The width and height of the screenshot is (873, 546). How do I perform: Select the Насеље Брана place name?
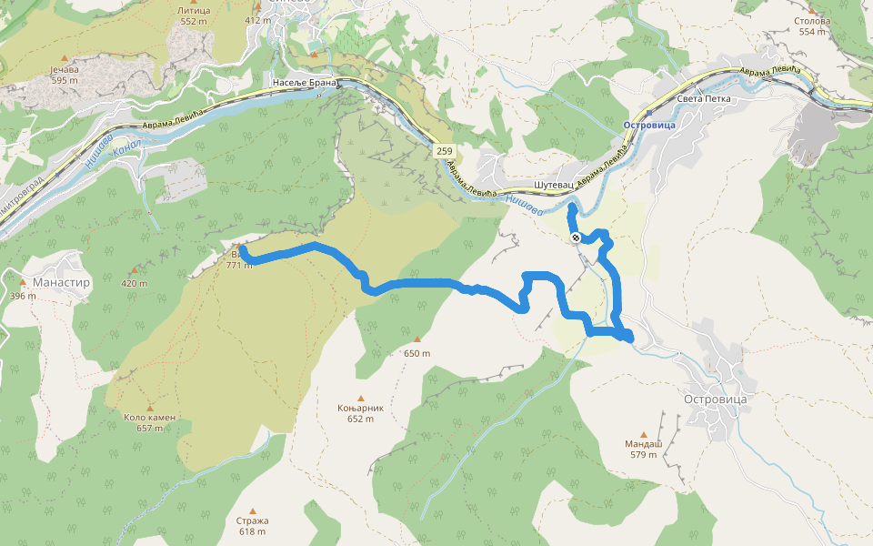305,83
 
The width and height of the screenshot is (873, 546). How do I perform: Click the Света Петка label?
704,98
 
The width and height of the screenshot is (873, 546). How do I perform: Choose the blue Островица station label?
650,124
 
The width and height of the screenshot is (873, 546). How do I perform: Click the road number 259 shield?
444,150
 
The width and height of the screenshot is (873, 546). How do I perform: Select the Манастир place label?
61,282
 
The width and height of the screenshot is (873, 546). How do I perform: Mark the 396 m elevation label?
22,296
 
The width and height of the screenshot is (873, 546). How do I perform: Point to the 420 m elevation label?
134,283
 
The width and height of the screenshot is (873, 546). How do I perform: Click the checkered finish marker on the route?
576,238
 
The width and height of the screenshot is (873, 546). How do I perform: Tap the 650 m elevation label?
416,353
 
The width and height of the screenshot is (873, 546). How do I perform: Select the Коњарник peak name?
360,408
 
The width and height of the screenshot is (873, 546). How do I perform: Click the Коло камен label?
149,418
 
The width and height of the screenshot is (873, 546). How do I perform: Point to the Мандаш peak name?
643,444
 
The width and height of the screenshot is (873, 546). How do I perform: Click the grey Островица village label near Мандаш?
714,399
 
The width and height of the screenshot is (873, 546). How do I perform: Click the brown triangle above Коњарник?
360,397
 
